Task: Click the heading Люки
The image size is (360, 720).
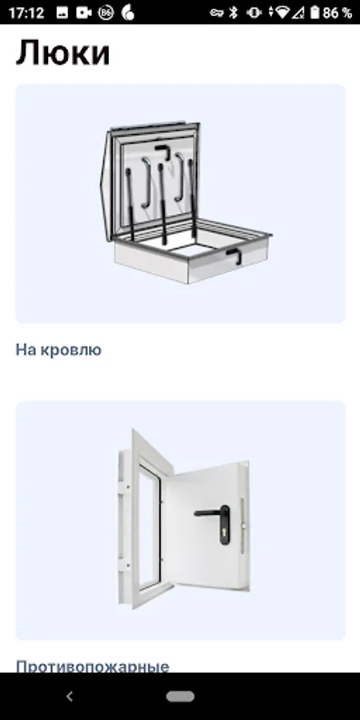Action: coord(63,53)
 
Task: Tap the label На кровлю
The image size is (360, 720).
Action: coord(58,350)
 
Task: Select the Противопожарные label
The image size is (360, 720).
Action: coord(93,666)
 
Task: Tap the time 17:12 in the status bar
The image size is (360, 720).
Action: coord(26,12)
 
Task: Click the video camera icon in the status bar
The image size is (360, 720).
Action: coord(83,13)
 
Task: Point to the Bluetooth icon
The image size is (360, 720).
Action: coord(234,12)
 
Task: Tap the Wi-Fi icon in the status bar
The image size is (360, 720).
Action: coord(282,13)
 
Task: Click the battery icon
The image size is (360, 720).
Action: coord(314,12)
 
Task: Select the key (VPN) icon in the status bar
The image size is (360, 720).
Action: coord(217,12)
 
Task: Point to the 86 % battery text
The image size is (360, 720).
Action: coord(337,13)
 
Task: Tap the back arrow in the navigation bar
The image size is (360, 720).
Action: coord(70,697)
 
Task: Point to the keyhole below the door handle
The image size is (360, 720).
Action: coord(225,534)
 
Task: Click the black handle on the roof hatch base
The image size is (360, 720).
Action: coord(234,255)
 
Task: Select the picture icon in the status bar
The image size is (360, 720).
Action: coord(62,13)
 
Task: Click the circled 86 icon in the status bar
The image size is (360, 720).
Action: coord(106,13)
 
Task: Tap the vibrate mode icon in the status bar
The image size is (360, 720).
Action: coord(254,12)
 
